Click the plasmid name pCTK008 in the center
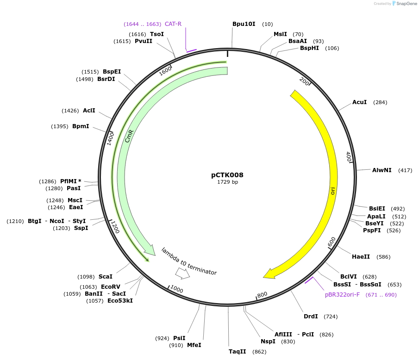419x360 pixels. coord(227,175)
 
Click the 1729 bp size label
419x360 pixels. coord(227,182)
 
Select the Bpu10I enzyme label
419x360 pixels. coord(244,24)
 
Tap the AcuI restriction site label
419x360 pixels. coord(359,102)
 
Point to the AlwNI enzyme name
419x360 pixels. coord(381,170)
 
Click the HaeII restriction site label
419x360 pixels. coord(361,257)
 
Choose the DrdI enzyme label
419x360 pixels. coord(311,317)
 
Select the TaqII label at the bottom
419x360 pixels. coord(237,352)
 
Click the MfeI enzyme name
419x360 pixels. coord(194,345)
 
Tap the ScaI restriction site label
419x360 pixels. coord(105,276)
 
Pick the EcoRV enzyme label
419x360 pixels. coord(110,287)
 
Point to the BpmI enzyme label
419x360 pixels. coord(81,126)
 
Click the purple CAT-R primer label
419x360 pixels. coord(173,24)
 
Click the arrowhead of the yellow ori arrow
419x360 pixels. coord(268,275)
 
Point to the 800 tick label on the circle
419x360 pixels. coord(262,294)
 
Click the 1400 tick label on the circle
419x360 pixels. coord(110,138)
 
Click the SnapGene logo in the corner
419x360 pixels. coord(404,4)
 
